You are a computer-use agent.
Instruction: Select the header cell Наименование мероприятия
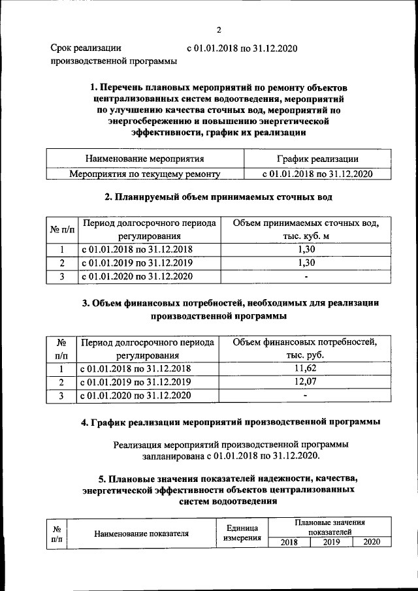click(x=144, y=159)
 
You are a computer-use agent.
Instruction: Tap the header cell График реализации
click(x=317, y=159)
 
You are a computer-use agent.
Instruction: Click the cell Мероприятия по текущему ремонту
click(x=144, y=174)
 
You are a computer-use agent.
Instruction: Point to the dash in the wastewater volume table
click(x=306, y=277)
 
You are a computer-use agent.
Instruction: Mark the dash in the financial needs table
click(x=306, y=396)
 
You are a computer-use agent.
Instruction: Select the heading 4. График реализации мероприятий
click(x=231, y=423)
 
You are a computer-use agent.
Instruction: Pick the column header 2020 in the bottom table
click(x=372, y=542)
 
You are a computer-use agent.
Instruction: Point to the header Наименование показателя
click(x=142, y=533)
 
